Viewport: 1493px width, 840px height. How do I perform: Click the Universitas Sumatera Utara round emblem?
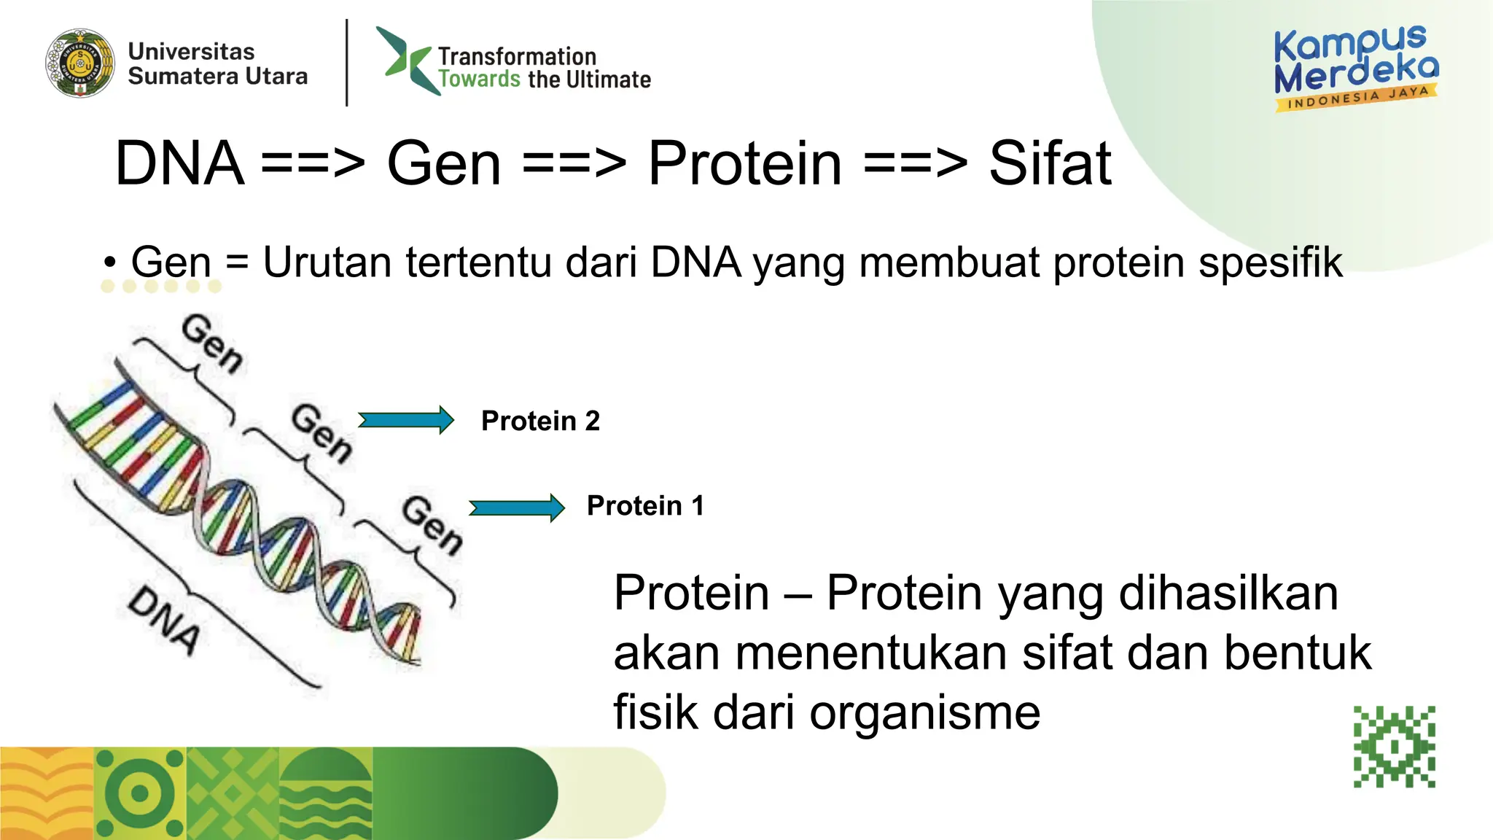click(80, 63)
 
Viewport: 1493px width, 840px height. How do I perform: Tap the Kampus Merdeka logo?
click(1356, 68)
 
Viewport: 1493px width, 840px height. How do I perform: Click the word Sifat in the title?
click(1049, 163)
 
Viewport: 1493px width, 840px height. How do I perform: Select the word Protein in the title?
click(744, 163)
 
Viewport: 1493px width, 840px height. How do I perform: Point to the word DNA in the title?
click(179, 163)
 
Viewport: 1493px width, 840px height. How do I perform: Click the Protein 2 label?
click(540, 421)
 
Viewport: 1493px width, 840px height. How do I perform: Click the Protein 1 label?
click(645, 505)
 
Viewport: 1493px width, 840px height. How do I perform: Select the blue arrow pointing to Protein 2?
click(406, 420)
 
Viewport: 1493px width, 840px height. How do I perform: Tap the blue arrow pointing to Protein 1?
click(517, 507)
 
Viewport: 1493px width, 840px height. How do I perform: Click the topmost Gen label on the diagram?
click(212, 343)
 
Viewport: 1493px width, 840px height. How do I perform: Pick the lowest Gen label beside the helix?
click(432, 524)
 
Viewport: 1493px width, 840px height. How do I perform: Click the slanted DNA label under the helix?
click(164, 620)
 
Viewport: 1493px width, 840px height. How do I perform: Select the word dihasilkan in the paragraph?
click(1228, 593)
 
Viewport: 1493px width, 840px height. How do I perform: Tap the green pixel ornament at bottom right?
click(1394, 747)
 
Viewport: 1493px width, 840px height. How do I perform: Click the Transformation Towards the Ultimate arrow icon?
click(406, 61)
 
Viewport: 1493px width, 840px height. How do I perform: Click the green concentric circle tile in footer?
click(140, 793)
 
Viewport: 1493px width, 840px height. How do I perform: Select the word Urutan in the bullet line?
click(327, 262)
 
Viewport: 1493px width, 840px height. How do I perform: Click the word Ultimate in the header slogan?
click(608, 79)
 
